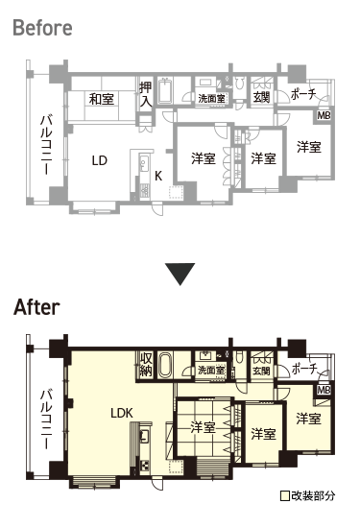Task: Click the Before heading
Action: tap(42, 28)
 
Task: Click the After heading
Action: tap(36, 307)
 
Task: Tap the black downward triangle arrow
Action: tap(180, 275)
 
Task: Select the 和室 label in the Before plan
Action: tap(102, 99)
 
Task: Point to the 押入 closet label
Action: tap(146, 94)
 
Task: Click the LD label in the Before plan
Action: tap(100, 160)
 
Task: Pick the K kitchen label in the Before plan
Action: tap(158, 176)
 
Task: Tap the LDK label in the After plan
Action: tap(122, 413)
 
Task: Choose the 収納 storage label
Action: tap(146, 365)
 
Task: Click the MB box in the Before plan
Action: tap(324, 115)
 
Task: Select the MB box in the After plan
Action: tap(324, 390)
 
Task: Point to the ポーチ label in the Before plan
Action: tap(303, 94)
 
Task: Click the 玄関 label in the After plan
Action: tap(261, 371)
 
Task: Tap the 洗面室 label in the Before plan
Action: tap(211, 99)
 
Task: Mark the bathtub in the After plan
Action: tap(165, 365)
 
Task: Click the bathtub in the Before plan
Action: tap(165, 90)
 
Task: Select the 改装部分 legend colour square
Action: tap(285, 496)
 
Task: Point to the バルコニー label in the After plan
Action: tap(46, 420)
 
